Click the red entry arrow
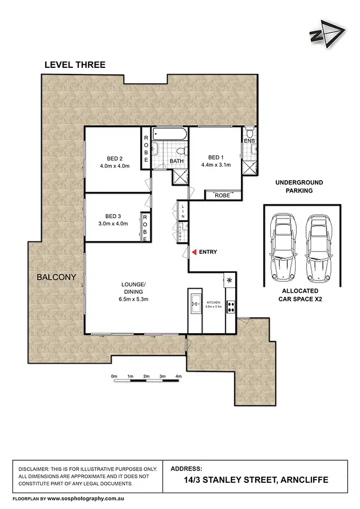pyautogui.click(x=195, y=252)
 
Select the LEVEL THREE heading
pyautogui.click(x=75, y=65)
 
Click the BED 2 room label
pyautogui.click(x=115, y=158)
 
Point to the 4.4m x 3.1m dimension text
pyautogui.click(x=216, y=165)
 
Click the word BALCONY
pyautogui.click(x=56, y=277)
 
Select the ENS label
pyautogui.click(x=249, y=140)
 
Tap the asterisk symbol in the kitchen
pyautogui.click(x=229, y=280)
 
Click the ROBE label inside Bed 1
pyautogui.click(x=222, y=196)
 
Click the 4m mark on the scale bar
pyautogui.click(x=178, y=376)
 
